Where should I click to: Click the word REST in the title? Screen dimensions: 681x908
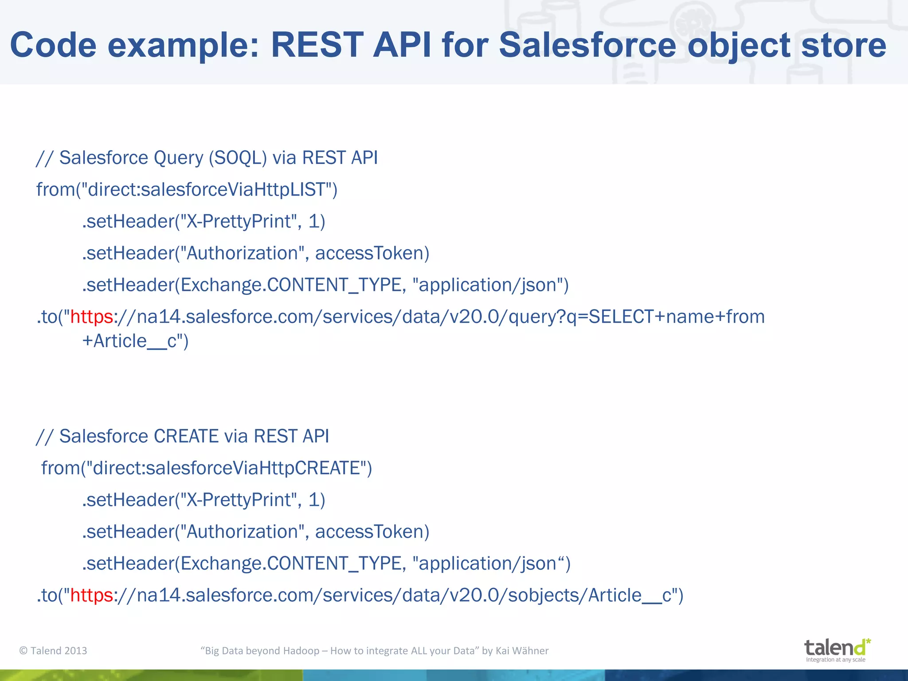coord(317,45)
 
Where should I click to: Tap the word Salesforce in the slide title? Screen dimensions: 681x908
coord(587,45)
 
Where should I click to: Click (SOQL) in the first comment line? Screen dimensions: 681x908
coord(238,158)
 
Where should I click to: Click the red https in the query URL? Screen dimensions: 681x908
coord(92,317)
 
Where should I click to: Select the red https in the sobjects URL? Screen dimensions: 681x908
coord(92,595)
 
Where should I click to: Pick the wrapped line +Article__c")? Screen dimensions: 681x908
coord(135,341)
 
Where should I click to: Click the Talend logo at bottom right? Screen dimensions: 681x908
coord(837,650)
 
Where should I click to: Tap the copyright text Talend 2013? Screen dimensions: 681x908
coord(53,651)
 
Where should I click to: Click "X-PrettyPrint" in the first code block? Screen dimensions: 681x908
coord(236,222)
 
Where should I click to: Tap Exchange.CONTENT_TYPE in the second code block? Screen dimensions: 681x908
coord(291,564)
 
